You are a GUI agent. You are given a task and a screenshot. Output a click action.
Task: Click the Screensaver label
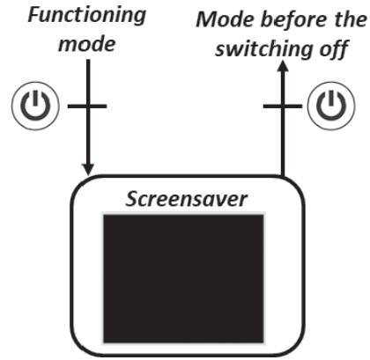coord(186,197)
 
